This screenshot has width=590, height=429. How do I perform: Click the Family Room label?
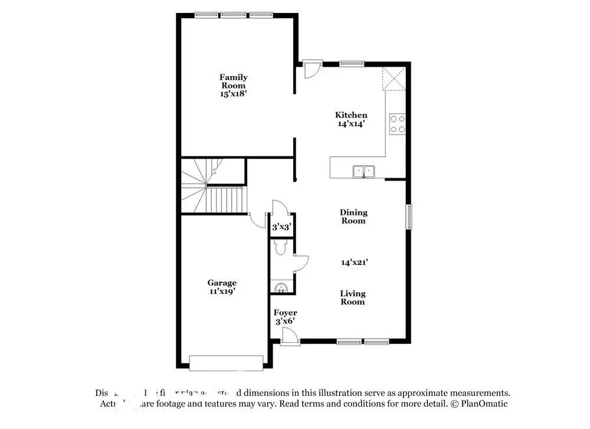234,81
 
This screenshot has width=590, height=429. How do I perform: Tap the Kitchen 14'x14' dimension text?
351,124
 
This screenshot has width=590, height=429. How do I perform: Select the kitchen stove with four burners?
397,124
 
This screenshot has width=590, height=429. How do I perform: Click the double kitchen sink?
364,171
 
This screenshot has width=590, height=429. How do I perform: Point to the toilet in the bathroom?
281,247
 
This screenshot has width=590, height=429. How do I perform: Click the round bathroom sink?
282,287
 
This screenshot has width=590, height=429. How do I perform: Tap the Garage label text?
221,283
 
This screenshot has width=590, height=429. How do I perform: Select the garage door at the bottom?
226,363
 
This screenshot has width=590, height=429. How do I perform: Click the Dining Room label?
353,217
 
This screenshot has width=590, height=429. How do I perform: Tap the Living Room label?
353,297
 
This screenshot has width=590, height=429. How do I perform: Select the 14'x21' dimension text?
353,262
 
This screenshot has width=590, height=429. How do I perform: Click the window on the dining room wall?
408,216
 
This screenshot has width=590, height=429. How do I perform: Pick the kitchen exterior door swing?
310,70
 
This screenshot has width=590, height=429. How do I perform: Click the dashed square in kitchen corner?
394,79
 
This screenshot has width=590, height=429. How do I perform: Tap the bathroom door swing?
300,263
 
